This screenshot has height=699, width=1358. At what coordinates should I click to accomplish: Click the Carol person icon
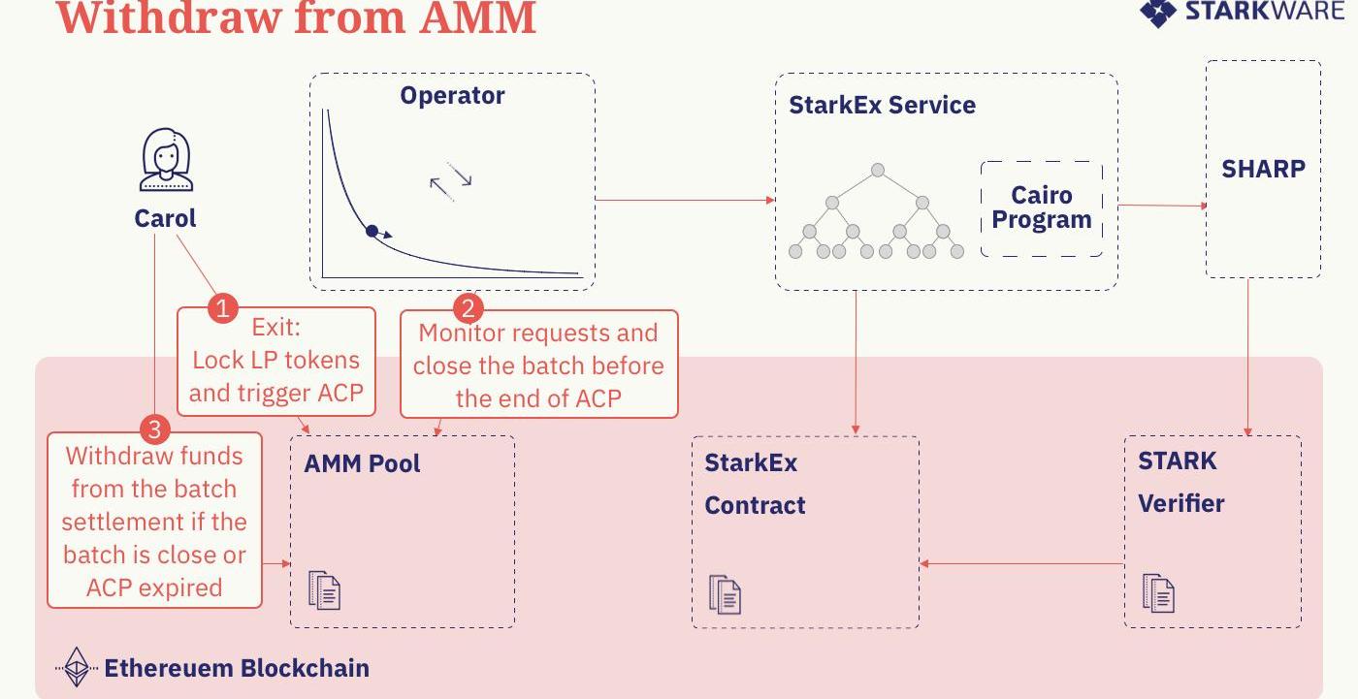pyautogui.click(x=166, y=161)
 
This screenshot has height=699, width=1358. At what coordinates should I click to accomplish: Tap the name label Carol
pyautogui.click(x=165, y=218)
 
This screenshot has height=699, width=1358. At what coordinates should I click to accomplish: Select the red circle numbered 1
pyautogui.click(x=223, y=309)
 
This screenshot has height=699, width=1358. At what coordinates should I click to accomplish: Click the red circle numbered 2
pyautogui.click(x=469, y=309)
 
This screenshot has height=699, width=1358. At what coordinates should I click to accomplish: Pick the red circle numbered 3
pyautogui.click(x=155, y=429)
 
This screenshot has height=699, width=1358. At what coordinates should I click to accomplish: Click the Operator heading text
pyautogui.click(x=452, y=96)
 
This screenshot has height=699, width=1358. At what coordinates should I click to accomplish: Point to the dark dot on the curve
pyautogui.click(x=372, y=231)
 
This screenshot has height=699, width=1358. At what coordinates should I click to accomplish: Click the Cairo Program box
pyautogui.click(x=1042, y=208)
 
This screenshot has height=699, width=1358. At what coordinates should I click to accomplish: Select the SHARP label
pyautogui.click(x=1263, y=169)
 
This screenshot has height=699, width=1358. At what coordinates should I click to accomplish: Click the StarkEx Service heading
pyautogui.click(x=882, y=105)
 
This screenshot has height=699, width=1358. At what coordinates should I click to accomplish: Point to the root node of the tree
pyautogui.click(x=878, y=171)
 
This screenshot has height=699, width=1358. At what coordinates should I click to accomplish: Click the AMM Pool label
pyautogui.click(x=362, y=463)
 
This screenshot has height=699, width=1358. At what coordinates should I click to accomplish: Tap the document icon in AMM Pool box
pyautogui.click(x=325, y=589)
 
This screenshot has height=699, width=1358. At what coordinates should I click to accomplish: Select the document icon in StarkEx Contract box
pyautogui.click(x=725, y=594)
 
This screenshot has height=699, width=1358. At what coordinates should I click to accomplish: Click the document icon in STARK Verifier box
pyautogui.click(x=1158, y=593)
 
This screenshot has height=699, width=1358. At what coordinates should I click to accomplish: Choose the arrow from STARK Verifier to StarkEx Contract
pyautogui.click(x=1022, y=563)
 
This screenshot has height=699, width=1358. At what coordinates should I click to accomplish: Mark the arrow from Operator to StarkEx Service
pyautogui.click(x=685, y=201)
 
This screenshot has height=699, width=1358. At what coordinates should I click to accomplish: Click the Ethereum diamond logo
pyautogui.click(x=76, y=667)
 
